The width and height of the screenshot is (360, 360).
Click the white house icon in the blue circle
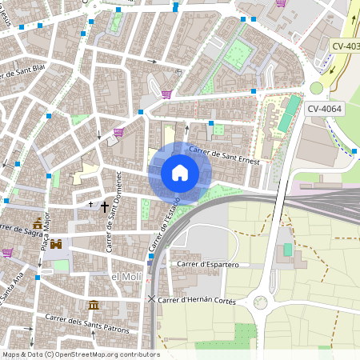[x=180, y=173]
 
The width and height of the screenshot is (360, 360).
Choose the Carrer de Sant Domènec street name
[x=113, y=211]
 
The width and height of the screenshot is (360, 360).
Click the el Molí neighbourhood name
[x=126, y=276]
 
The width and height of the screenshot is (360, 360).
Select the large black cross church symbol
[x=104, y=206]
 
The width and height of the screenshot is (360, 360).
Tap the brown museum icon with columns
[x=94, y=305]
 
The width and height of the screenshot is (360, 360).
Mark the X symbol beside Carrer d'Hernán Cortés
[x=151, y=299]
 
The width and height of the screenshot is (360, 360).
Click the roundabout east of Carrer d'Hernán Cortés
[x=260, y=302]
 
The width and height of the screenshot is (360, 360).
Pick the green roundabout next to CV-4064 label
[x=317, y=88]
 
